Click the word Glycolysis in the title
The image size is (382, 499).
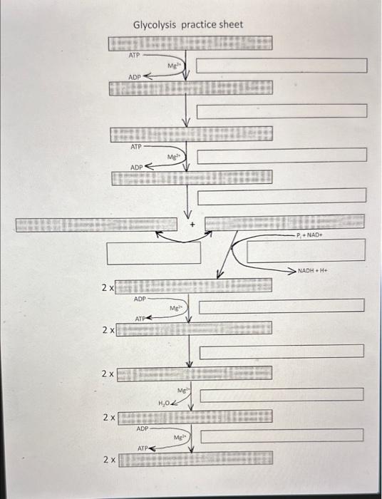[x=154, y=25]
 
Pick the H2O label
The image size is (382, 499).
[x=165, y=403]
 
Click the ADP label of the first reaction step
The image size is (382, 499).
[x=135, y=76]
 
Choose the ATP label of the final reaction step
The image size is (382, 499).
[x=143, y=448]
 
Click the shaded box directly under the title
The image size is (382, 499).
[x=190, y=43]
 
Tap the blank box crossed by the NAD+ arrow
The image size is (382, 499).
[x=306, y=250]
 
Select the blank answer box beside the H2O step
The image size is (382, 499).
[x=282, y=394]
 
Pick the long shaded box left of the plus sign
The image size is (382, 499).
[x=95, y=225]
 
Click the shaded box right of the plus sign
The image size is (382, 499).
[x=284, y=222]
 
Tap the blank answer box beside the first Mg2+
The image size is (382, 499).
[x=282, y=66]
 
